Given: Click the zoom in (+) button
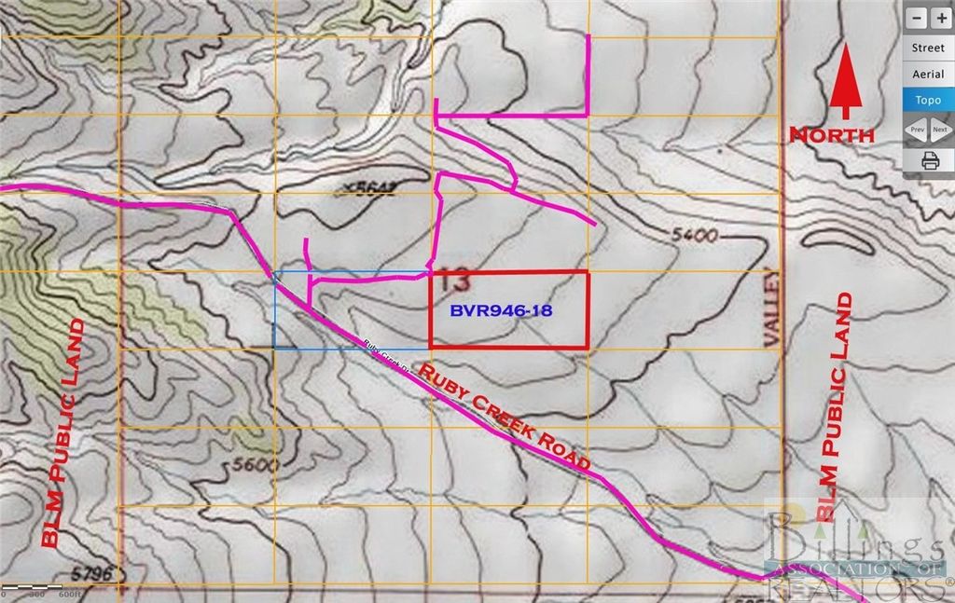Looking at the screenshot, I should coord(941,18).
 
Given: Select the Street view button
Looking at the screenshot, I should coord(928,48).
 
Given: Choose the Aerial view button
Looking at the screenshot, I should coord(928,74).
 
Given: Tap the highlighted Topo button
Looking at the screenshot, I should coord(928,100).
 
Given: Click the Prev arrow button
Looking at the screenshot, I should coord(917,130).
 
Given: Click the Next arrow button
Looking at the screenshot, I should coord(940,130).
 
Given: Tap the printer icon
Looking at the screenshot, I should coord(930,160).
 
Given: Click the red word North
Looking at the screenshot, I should coord(832,135).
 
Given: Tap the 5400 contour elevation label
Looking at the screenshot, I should coord(694,236).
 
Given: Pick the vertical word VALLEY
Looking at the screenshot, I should coord(771,308).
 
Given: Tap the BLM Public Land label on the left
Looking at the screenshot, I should coord(60,432).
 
